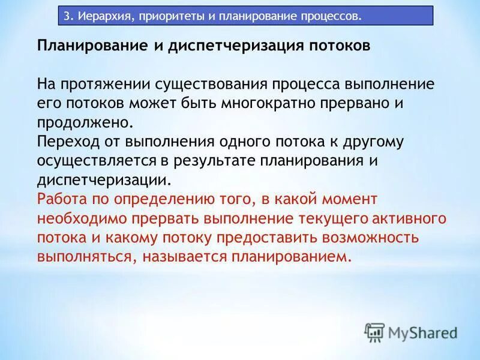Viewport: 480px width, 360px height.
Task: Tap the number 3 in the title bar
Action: (67, 15)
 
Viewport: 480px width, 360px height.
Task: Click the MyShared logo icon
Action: (374, 332)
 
